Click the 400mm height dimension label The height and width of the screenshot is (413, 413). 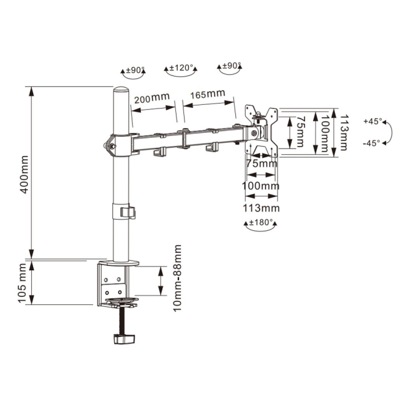[x=24, y=175]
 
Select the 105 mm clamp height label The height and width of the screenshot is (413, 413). [x=22, y=283]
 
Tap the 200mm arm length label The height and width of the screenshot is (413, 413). [x=152, y=98]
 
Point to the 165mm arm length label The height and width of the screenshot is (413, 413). [x=208, y=94]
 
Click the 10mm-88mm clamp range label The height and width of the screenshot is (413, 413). [x=177, y=278]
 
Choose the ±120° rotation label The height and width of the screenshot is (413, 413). [x=182, y=68]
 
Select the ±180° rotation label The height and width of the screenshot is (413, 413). [x=261, y=223]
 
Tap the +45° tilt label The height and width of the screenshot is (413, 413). [x=372, y=122]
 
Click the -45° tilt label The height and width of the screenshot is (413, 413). [x=371, y=143]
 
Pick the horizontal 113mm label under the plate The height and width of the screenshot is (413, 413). [x=261, y=208]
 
